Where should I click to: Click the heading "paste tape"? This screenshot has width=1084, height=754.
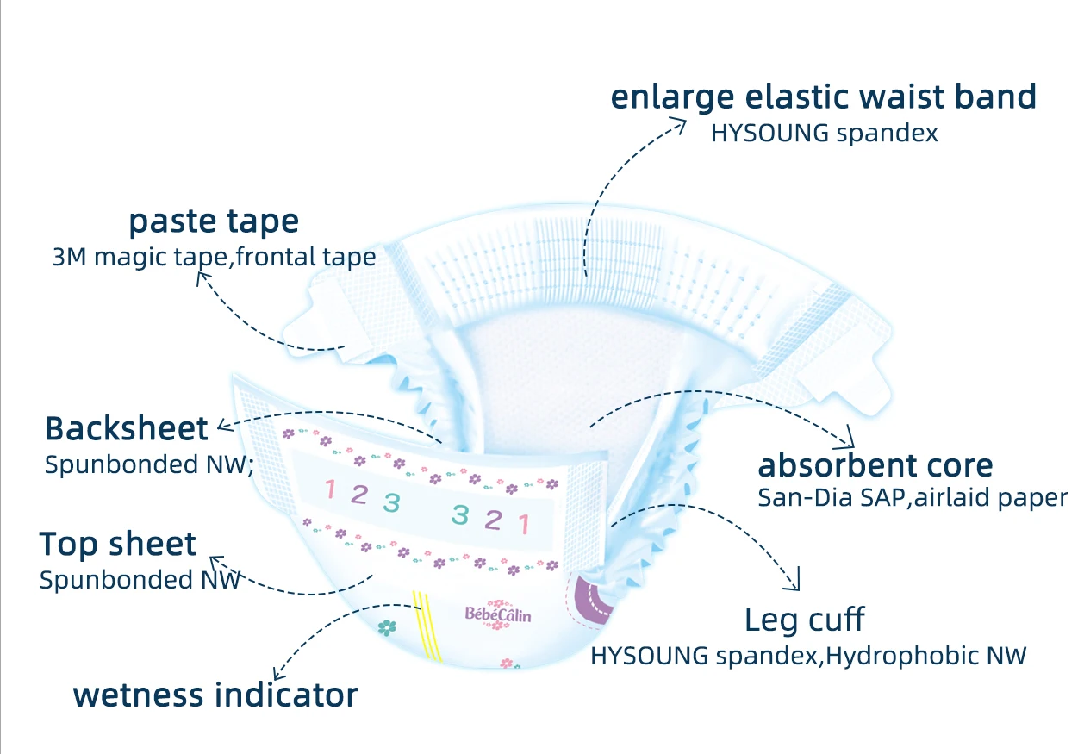[214, 222]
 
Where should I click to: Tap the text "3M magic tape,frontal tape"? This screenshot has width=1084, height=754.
[214, 258]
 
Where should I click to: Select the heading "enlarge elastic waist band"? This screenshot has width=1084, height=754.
[823, 97]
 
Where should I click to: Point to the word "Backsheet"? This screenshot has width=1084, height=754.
[127, 428]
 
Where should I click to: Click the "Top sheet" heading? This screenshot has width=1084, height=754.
[118, 545]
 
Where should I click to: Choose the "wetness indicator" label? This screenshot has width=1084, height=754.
[215, 695]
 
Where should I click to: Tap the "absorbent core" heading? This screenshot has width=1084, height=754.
[875, 466]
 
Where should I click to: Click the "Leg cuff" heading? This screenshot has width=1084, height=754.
[804, 620]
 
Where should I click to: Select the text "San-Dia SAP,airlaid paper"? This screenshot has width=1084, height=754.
[912, 498]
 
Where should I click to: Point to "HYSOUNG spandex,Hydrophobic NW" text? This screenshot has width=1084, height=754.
[808, 656]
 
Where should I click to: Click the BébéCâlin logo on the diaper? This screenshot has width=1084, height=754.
[498, 615]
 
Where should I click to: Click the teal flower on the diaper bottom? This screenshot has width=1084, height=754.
[388, 627]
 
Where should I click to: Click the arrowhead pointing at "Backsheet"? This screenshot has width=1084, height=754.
[223, 425]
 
